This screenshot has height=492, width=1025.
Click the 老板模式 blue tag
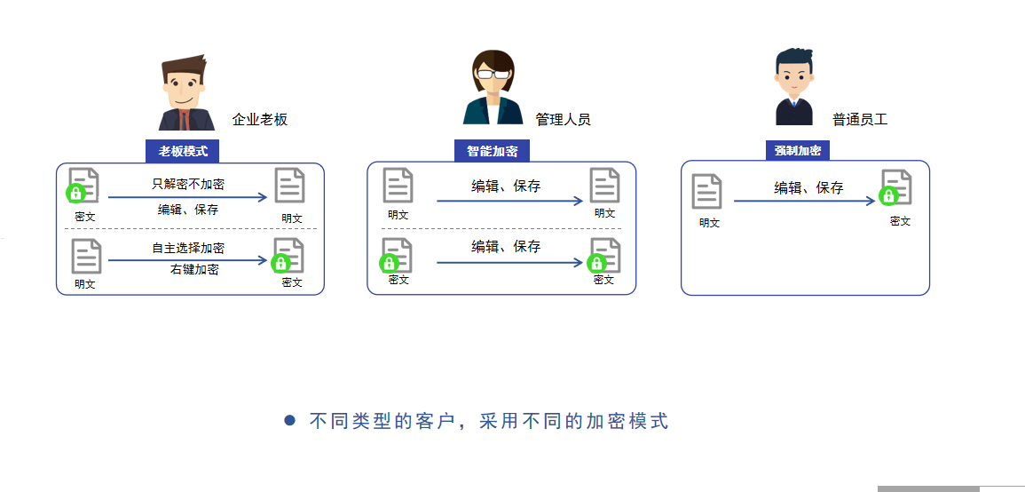click(x=182, y=151)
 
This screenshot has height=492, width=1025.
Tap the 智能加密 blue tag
click(x=492, y=151)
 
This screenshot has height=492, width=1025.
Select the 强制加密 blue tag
click(x=798, y=151)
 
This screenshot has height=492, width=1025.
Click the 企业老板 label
click(x=260, y=120)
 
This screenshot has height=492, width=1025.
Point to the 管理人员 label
click(x=563, y=119)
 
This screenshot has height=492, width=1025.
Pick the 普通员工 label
click(x=860, y=119)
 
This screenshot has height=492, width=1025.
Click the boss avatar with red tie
click(x=186, y=93)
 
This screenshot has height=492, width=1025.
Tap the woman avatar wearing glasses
click(x=493, y=88)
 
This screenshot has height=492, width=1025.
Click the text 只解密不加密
click(x=188, y=185)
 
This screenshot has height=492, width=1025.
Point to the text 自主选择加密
click(x=188, y=249)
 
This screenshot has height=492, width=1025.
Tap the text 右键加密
click(x=194, y=269)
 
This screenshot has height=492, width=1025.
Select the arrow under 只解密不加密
click(x=187, y=197)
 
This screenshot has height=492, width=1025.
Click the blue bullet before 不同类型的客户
click(x=289, y=421)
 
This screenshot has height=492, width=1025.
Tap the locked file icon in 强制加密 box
click(x=896, y=187)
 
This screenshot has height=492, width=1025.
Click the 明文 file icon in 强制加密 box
click(x=707, y=191)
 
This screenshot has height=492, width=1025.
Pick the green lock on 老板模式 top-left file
click(x=76, y=193)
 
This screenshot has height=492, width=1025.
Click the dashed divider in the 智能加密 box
click(x=501, y=229)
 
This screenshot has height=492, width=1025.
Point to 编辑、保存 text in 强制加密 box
click(x=808, y=188)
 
